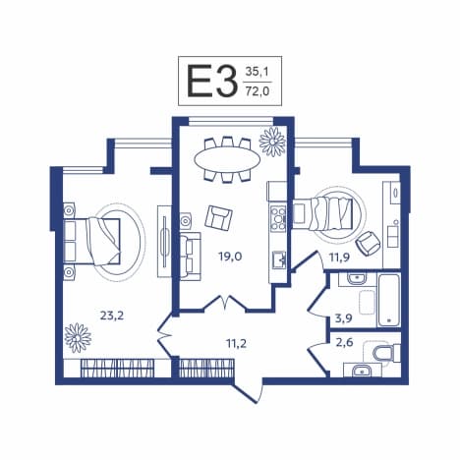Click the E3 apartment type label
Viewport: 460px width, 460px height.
pos(212,82)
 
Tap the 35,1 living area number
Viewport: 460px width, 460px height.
pos(258,72)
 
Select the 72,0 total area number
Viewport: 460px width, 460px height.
pos(258,91)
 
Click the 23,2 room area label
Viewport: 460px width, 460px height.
pos(112,316)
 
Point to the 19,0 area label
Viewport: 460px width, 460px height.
pos(230,256)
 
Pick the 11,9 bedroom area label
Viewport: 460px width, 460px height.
pos(339,258)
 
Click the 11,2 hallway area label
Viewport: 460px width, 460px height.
pos(236,343)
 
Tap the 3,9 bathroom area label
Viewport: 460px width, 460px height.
pos(343,317)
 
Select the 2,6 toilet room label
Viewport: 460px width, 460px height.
pos(344,343)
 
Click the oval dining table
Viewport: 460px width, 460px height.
pos(227,159)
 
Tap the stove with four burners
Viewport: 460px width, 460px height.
pos(278,217)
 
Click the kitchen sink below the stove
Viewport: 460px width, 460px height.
pos(279,259)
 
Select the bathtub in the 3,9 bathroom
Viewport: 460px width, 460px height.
pos(389,300)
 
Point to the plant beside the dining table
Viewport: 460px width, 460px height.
pos(272,142)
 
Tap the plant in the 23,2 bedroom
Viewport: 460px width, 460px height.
pos(78,338)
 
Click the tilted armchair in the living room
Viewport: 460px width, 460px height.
pos(218,218)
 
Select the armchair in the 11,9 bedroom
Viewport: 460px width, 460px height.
pos(369,244)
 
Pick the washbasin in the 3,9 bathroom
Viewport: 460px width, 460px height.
pos(357,279)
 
